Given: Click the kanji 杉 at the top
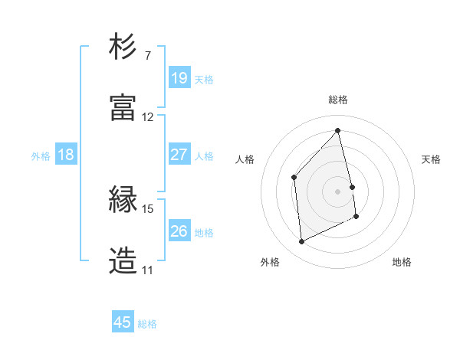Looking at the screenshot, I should tap(123, 47).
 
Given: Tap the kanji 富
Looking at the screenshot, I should tap(123, 108).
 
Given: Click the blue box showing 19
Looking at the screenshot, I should tap(179, 78).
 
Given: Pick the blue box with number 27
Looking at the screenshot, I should tap(179, 155).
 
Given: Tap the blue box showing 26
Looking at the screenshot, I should tap(179, 231).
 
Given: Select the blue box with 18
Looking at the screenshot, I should tap(66, 155).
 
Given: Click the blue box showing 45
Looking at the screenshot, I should tap(123, 322).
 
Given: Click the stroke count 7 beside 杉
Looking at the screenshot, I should tap(148, 56).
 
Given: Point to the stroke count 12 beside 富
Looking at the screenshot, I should tap(148, 117).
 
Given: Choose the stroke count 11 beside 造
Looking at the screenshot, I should tap(148, 270).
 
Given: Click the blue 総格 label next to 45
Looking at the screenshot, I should tap(147, 324).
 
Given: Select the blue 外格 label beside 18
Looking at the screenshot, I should tap(41, 156).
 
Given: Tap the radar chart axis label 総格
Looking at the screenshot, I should tap(338, 100).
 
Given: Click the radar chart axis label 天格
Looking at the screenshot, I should tap(432, 159).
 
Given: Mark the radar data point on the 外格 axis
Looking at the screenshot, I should tap(301, 242).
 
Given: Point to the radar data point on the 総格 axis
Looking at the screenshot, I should tap(338, 130).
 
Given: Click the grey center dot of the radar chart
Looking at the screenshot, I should tap(338, 191).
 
